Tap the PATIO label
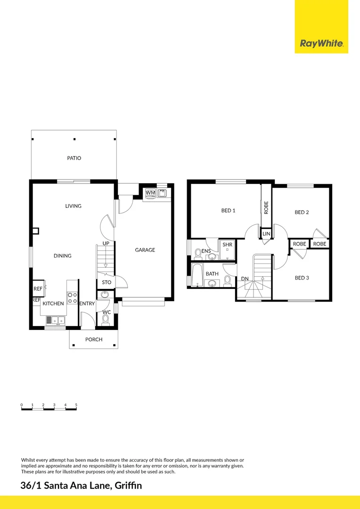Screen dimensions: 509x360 (x=74, y=158)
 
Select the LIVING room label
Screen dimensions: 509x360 (x=74, y=206)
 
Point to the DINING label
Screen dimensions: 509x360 (x=62, y=256)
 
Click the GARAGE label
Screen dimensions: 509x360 (x=145, y=250)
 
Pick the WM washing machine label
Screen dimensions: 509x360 (x=150, y=193)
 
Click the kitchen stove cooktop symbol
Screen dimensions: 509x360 (x=73, y=298)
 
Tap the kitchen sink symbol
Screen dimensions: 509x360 (x=56, y=320)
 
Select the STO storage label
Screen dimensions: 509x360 (x=106, y=282)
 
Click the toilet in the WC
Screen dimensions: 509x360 (x=106, y=320)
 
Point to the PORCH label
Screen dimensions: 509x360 (x=94, y=339)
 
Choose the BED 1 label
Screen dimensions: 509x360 (x=229, y=211)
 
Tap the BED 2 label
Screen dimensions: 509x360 (x=302, y=213)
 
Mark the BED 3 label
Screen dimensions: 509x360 (x=302, y=278)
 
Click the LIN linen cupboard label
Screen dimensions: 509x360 (x=266, y=234)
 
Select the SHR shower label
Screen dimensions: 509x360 (x=228, y=245)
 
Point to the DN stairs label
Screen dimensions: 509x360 (x=245, y=279)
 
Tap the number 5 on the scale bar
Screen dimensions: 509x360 (x=76, y=405)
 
